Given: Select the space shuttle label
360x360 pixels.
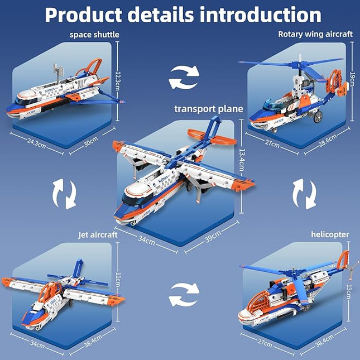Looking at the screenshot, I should click(x=94, y=35).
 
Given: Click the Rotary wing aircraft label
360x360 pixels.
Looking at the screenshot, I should click(x=315, y=34).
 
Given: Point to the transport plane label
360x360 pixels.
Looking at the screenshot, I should click(x=209, y=109).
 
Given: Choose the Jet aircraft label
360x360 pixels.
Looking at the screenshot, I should click(x=98, y=235).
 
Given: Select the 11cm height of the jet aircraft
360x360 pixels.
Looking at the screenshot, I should click(x=126, y=277).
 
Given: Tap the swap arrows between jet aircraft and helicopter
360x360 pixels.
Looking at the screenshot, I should click(x=184, y=294).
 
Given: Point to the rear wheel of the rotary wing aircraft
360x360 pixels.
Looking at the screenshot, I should click(x=319, y=118).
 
